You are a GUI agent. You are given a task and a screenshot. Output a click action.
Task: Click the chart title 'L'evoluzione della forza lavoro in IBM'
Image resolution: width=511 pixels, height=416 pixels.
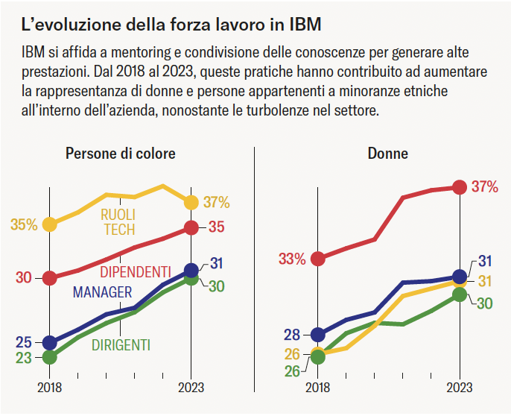172,25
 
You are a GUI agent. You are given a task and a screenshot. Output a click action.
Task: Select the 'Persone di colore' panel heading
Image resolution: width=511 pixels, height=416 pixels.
121,154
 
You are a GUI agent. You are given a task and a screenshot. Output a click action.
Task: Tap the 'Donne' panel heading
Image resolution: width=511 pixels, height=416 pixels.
387,154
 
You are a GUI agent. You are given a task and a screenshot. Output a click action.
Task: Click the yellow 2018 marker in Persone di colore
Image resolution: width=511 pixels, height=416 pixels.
50,224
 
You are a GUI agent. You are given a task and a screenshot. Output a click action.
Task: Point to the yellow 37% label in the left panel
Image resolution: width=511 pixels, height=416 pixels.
217,202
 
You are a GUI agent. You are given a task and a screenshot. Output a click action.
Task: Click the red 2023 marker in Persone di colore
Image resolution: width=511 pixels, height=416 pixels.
191,227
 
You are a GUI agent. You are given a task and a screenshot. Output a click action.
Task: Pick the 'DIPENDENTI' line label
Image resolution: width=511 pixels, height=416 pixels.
135,271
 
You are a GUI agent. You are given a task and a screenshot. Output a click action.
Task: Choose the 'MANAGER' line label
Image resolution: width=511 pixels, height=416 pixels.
102,292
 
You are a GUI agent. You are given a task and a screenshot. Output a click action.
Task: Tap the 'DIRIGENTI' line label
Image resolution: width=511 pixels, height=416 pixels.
121,345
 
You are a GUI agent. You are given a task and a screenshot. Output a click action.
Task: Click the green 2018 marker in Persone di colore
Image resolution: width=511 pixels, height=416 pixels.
50,357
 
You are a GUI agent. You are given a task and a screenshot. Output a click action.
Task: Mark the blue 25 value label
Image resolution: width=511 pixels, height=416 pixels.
23,343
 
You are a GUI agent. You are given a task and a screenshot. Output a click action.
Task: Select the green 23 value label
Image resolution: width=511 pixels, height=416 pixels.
23,358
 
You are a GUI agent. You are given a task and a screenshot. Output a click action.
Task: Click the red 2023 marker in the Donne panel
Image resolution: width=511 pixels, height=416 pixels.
459,187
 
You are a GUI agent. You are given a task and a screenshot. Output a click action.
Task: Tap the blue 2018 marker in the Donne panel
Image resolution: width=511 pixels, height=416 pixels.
318,335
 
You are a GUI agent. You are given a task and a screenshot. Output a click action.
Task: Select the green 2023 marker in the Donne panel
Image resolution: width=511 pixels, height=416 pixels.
459,295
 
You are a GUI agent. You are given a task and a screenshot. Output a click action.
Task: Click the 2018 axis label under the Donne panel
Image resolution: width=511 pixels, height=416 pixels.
318,388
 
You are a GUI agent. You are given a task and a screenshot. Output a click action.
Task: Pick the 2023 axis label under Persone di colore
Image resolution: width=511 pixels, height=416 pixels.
191,388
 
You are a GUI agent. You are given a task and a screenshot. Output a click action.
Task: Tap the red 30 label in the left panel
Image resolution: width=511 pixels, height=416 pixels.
23,278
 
